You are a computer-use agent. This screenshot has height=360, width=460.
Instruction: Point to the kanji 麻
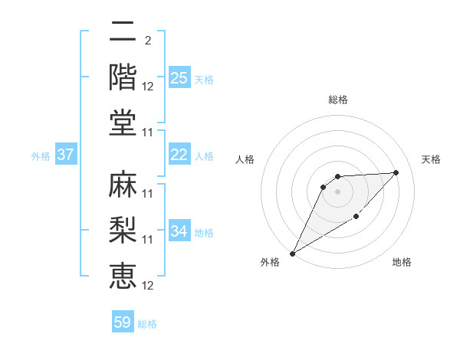click(123, 184)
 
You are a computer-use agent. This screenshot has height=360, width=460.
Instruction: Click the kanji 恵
click(123, 274)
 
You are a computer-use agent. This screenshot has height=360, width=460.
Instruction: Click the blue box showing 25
click(179, 78)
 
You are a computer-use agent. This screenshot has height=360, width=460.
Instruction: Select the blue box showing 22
click(179, 155)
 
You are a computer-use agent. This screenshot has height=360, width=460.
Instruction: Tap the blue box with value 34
click(179, 231)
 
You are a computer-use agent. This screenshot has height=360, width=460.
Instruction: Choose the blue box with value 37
click(65, 155)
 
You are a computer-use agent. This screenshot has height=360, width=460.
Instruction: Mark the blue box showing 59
click(123, 322)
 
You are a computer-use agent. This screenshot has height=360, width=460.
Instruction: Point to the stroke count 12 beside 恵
click(148, 286)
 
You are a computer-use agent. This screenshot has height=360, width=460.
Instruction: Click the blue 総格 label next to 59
click(147, 324)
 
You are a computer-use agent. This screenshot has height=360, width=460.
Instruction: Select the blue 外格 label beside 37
click(41, 156)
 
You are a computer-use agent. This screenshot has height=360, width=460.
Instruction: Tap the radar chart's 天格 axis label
click(431, 159)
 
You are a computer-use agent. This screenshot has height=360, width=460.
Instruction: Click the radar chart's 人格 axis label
click(245, 159)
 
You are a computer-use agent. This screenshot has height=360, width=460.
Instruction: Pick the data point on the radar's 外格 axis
click(292, 254)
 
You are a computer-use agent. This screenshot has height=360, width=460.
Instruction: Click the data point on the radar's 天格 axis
click(396, 172)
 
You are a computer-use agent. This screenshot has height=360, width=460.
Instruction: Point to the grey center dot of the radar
click(337, 191)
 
